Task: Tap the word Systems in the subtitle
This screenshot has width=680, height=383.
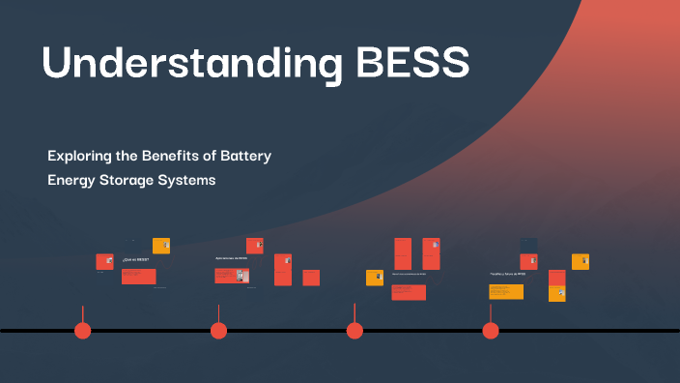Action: pyautogui.click(x=197, y=180)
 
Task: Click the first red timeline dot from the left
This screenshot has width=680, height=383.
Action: pyautogui.click(x=83, y=331)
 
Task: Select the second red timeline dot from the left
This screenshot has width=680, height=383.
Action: pyautogui.click(x=218, y=331)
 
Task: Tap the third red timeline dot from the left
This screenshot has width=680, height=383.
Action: pyautogui.click(x=354, y=331)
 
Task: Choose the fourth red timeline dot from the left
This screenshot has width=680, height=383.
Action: pyautogui.click(x=491, y=331)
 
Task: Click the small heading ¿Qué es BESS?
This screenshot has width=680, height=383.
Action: pyautogui.click(x=135, y=260)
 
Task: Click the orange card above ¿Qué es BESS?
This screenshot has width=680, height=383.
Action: pyautogui.click(x=161, y=246)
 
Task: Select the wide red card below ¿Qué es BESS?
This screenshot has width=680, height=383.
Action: pyautogui.click(x=138, y=277)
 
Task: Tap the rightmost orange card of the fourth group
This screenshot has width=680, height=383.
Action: pyautogui.click(x=581, y=261)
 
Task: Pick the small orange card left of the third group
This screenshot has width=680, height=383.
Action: pyautogui.click(x=375, y=278)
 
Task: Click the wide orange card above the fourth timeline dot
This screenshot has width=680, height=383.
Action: pyautogui.click(x=505, y=291)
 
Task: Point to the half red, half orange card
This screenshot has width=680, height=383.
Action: pyautogui.click(x=556, y=285)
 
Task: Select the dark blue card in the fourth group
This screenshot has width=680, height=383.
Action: pyautogui.click(x=528, y=242)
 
